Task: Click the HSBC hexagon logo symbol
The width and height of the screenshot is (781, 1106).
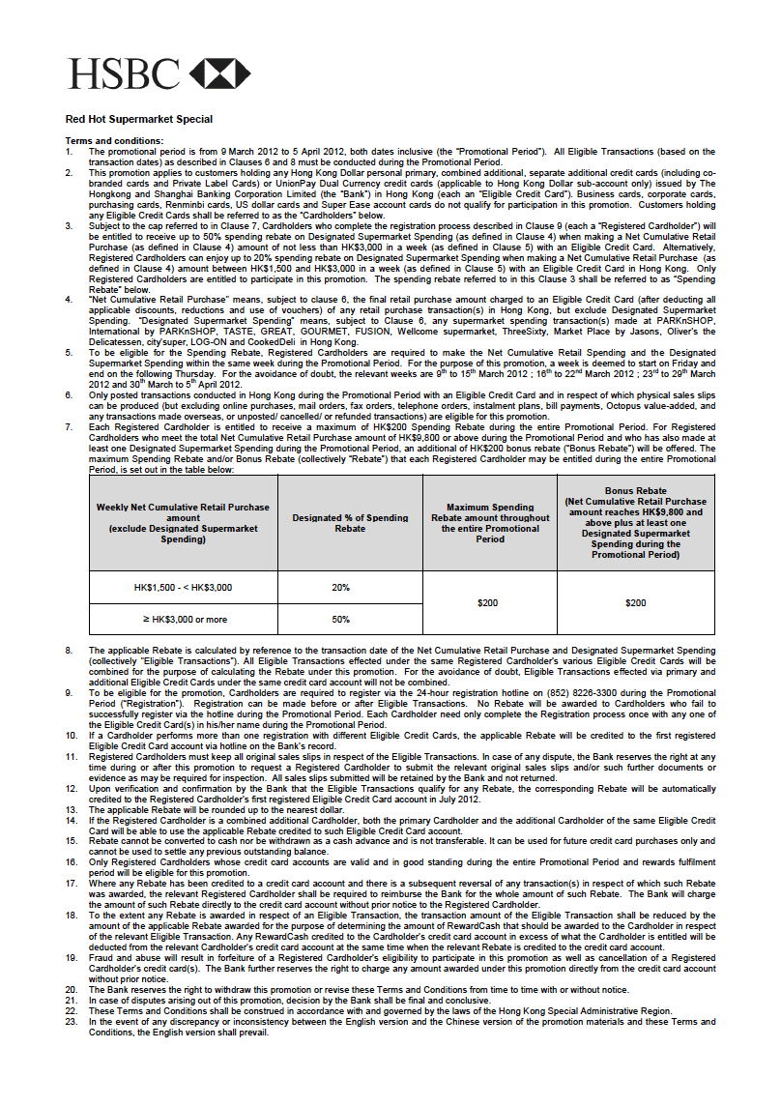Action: pyautogui.click(x=219, y=73)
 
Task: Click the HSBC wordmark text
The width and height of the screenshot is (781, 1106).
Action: pyautogui.click(x=123, y=73)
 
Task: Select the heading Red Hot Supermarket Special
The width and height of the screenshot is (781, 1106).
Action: pyautogui.click(x=138, y=120)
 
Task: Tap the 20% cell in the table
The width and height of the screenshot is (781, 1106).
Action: pyautogui.click(x=340, y=587)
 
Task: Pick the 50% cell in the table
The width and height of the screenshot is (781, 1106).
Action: pyautogui.click(x=340, y=619)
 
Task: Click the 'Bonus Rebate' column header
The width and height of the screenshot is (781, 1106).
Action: pyautogui.click(x=635, y=523)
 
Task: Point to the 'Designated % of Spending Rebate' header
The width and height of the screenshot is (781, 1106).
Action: pyautogui.click(x=350, y=523)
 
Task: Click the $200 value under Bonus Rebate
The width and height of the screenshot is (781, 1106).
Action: pyautogui.click(x=635, y=602)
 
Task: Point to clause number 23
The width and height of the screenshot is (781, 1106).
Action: pyautogui.click(x=71, y=1022)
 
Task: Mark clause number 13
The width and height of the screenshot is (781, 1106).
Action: pyautogui.click(x=71, y=809)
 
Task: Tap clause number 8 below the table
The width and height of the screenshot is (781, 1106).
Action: pyautogui.click(x=69, y=650)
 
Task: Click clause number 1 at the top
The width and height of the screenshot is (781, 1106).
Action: pyautogui.click(x=69, y=152)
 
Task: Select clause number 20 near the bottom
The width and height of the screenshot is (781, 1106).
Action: pyautogui.click(x=71, y=988)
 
